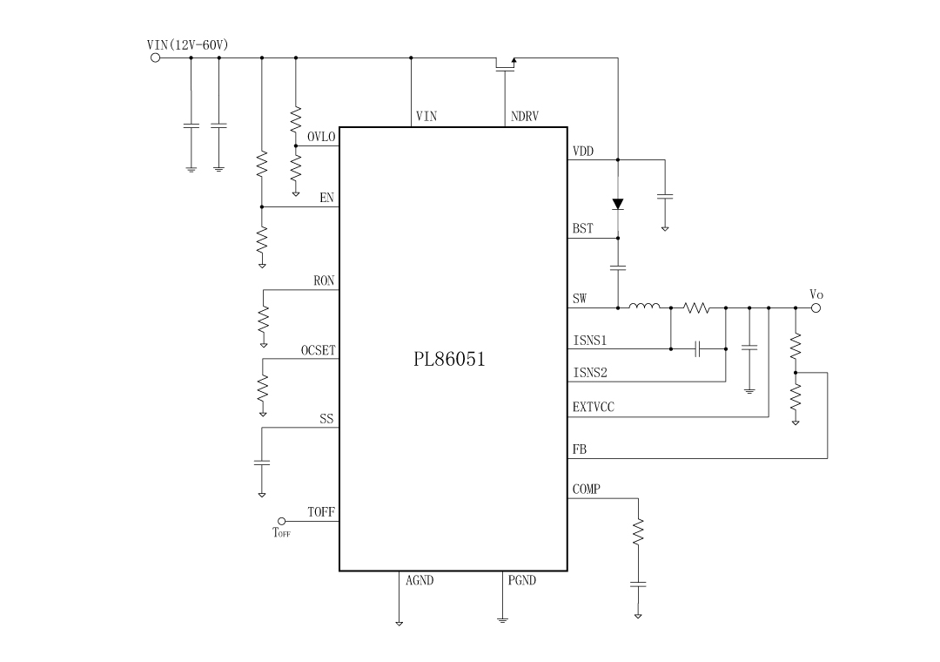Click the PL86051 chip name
click(449, 359)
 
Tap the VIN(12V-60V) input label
click(188, 44)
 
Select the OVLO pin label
click(321, 137)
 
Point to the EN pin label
click(326, 199)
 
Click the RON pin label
click(324, 281)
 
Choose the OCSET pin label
click(319, 351)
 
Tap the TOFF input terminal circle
click(280, 521)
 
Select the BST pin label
click(582, 230)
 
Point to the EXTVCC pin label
click(593, 407)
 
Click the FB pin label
click(579, 449)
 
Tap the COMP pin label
click(586, 490)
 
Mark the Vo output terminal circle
click(816, 307)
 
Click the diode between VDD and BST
click(618, 204)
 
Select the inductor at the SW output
click(644, 306)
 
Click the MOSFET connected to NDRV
click(506, 64)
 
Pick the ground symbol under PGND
click(502, 619)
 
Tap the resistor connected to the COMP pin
click(638, 530)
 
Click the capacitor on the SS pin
click(262, 462)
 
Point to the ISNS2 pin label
click(590, 373)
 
